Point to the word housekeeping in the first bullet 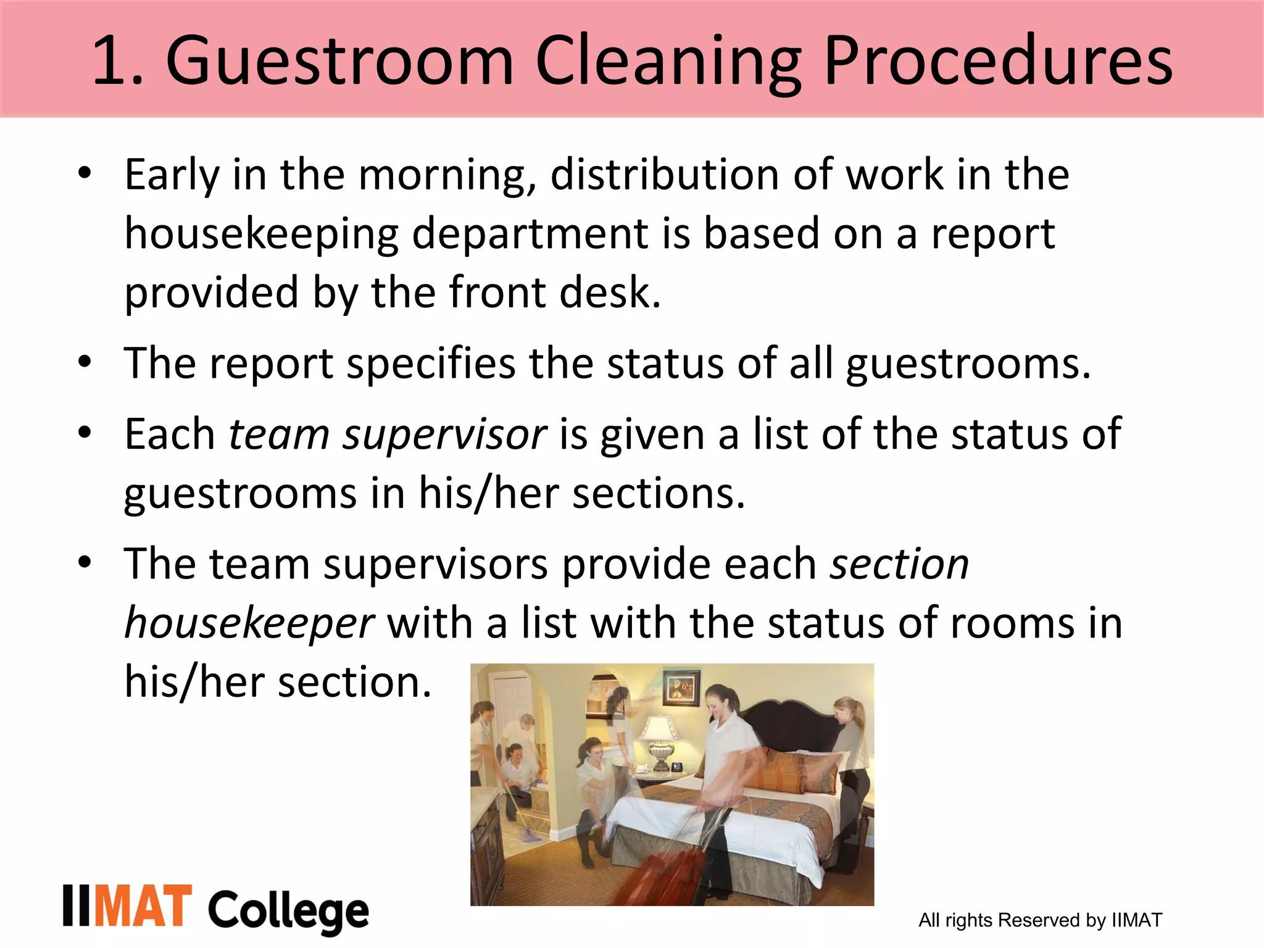coord(262,235)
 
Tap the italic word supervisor coord(444,435)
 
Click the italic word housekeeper coord(249,623)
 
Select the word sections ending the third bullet coord(659,494)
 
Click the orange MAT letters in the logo coord(143,906)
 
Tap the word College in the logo coord(288,912)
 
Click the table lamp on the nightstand coord(660,741)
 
